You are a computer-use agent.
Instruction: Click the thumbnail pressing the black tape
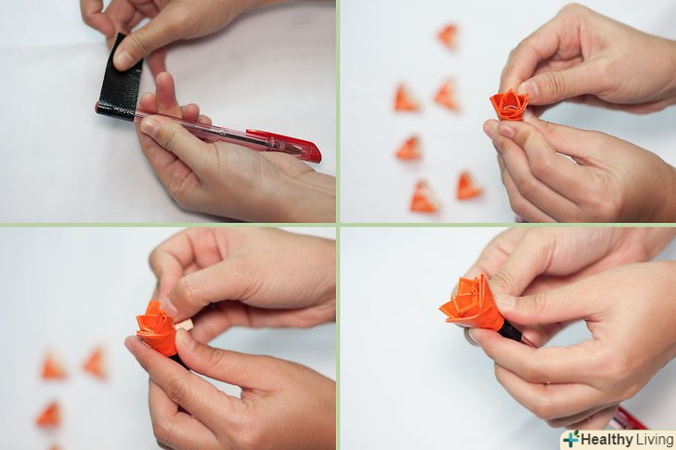tap(123, 60)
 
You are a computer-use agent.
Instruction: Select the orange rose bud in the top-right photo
tap(509, 105)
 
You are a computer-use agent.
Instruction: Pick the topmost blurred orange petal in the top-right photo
tap(448, 36)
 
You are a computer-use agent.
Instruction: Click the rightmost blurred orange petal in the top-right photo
tap(469, 186)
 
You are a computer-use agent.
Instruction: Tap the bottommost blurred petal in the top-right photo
tap(422, 197)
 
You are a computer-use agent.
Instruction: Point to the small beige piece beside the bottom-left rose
tap(185, 325)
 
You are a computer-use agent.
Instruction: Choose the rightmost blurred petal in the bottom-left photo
tap(95, 363)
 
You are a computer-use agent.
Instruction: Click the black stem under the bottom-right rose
tap(512, 331)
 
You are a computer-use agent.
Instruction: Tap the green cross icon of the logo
tap(571, 439)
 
